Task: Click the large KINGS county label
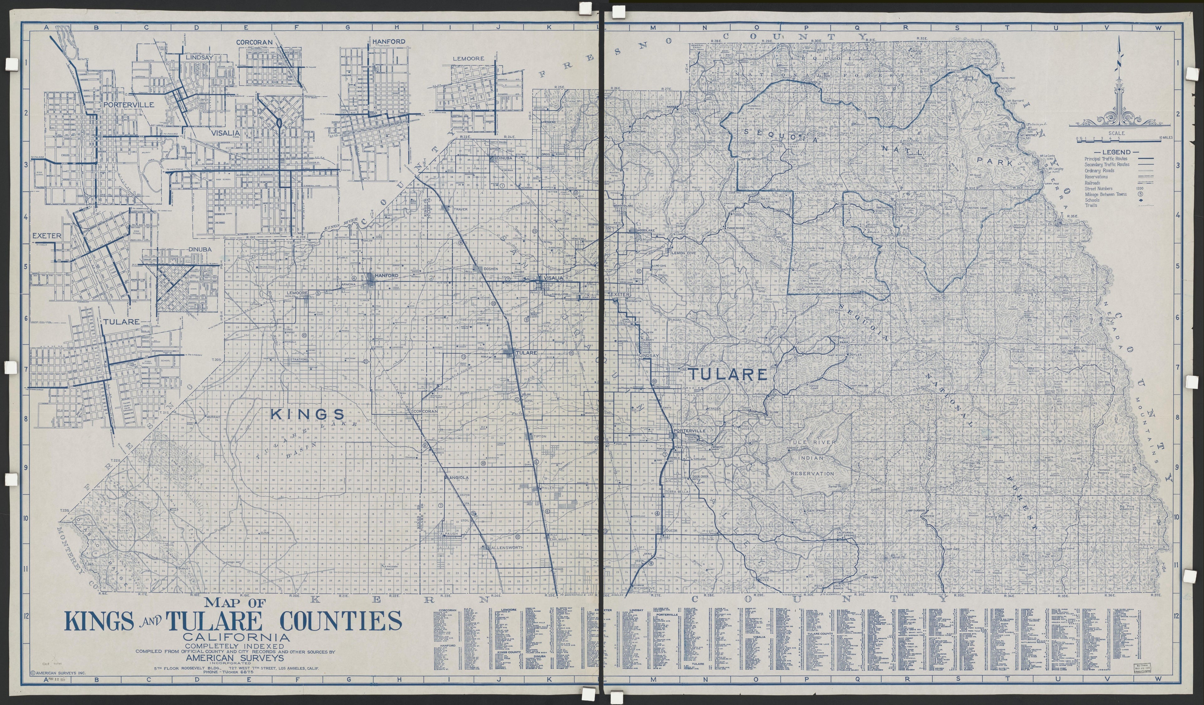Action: [x=307, y=414]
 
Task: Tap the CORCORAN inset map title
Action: [x=254, y=42]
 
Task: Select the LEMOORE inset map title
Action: [x=468, y=58]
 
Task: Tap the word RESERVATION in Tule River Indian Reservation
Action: [x=812, y=473]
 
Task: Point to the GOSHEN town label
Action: [x=490, y=269]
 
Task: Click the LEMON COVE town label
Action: [x=684, y=253]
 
